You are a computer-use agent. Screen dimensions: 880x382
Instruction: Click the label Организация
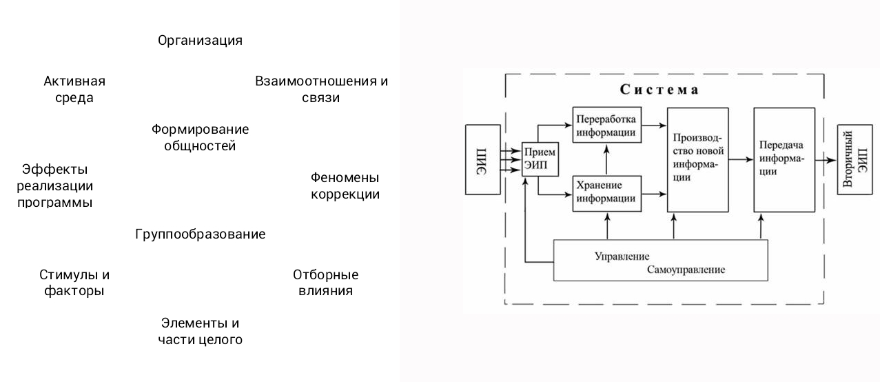pos(200,41)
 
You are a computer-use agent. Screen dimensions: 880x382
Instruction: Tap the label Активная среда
pos(74,89)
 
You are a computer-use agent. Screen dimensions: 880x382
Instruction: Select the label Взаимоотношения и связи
pos(321,89)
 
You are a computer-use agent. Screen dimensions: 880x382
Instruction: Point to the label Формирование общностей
pos(200,137)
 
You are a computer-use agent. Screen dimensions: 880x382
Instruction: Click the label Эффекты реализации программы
pos(54,186)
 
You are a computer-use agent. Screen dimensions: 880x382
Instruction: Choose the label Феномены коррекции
pos(345,186)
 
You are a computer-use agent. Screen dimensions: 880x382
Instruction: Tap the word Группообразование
pos(200,234)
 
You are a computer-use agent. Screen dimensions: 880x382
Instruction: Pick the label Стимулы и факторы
pos(74,283)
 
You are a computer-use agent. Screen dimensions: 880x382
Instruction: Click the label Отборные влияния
pos(325,283)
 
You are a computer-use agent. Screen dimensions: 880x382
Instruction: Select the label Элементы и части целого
pos(200,331)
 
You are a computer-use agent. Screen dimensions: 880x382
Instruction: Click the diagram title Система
pos(659,90)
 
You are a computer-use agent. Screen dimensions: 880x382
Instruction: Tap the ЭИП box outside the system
pos(483,159)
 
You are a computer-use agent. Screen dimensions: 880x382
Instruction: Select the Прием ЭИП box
pos(540,159)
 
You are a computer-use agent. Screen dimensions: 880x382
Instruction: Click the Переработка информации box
pos(607,125)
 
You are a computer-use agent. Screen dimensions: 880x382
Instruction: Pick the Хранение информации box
pos(607,194)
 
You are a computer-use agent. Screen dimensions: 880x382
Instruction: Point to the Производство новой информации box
pos(697,160)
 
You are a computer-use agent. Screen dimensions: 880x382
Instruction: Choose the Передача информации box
pos(784,160)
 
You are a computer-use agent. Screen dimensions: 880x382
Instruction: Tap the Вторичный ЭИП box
pos(855,159)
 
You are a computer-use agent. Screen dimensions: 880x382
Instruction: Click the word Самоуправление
pos(686,270)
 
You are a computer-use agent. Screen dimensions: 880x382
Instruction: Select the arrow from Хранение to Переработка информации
pos(606,159)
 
